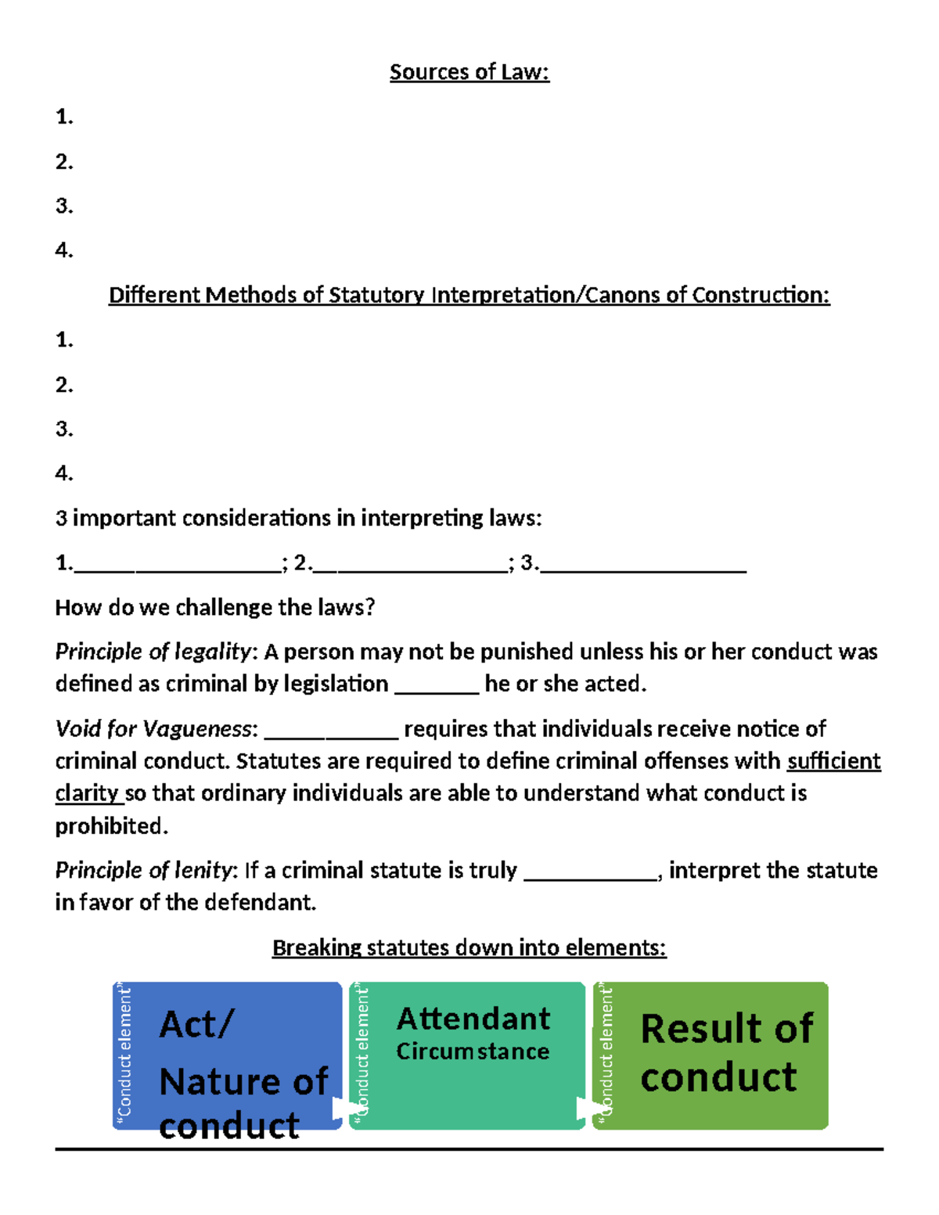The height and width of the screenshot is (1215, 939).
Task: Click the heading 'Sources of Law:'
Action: [x=469, y=72]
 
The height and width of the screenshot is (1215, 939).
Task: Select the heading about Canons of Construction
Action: [x=469, y=295]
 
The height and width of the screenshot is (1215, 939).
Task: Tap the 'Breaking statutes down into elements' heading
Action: [x=469, y=947]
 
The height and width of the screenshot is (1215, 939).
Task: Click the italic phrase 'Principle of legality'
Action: [x=153, y=652]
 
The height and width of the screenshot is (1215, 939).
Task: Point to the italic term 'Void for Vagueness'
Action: [x=153, y=729]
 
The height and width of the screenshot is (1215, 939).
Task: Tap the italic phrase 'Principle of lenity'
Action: [x=143, y=870]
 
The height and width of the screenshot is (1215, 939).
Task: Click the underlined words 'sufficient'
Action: [x=833, y=761]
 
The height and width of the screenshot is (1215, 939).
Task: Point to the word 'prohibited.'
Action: [x=111, y=826]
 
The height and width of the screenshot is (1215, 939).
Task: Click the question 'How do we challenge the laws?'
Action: [x=215, y=607]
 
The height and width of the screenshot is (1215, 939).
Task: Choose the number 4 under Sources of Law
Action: [x=63, y=250]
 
